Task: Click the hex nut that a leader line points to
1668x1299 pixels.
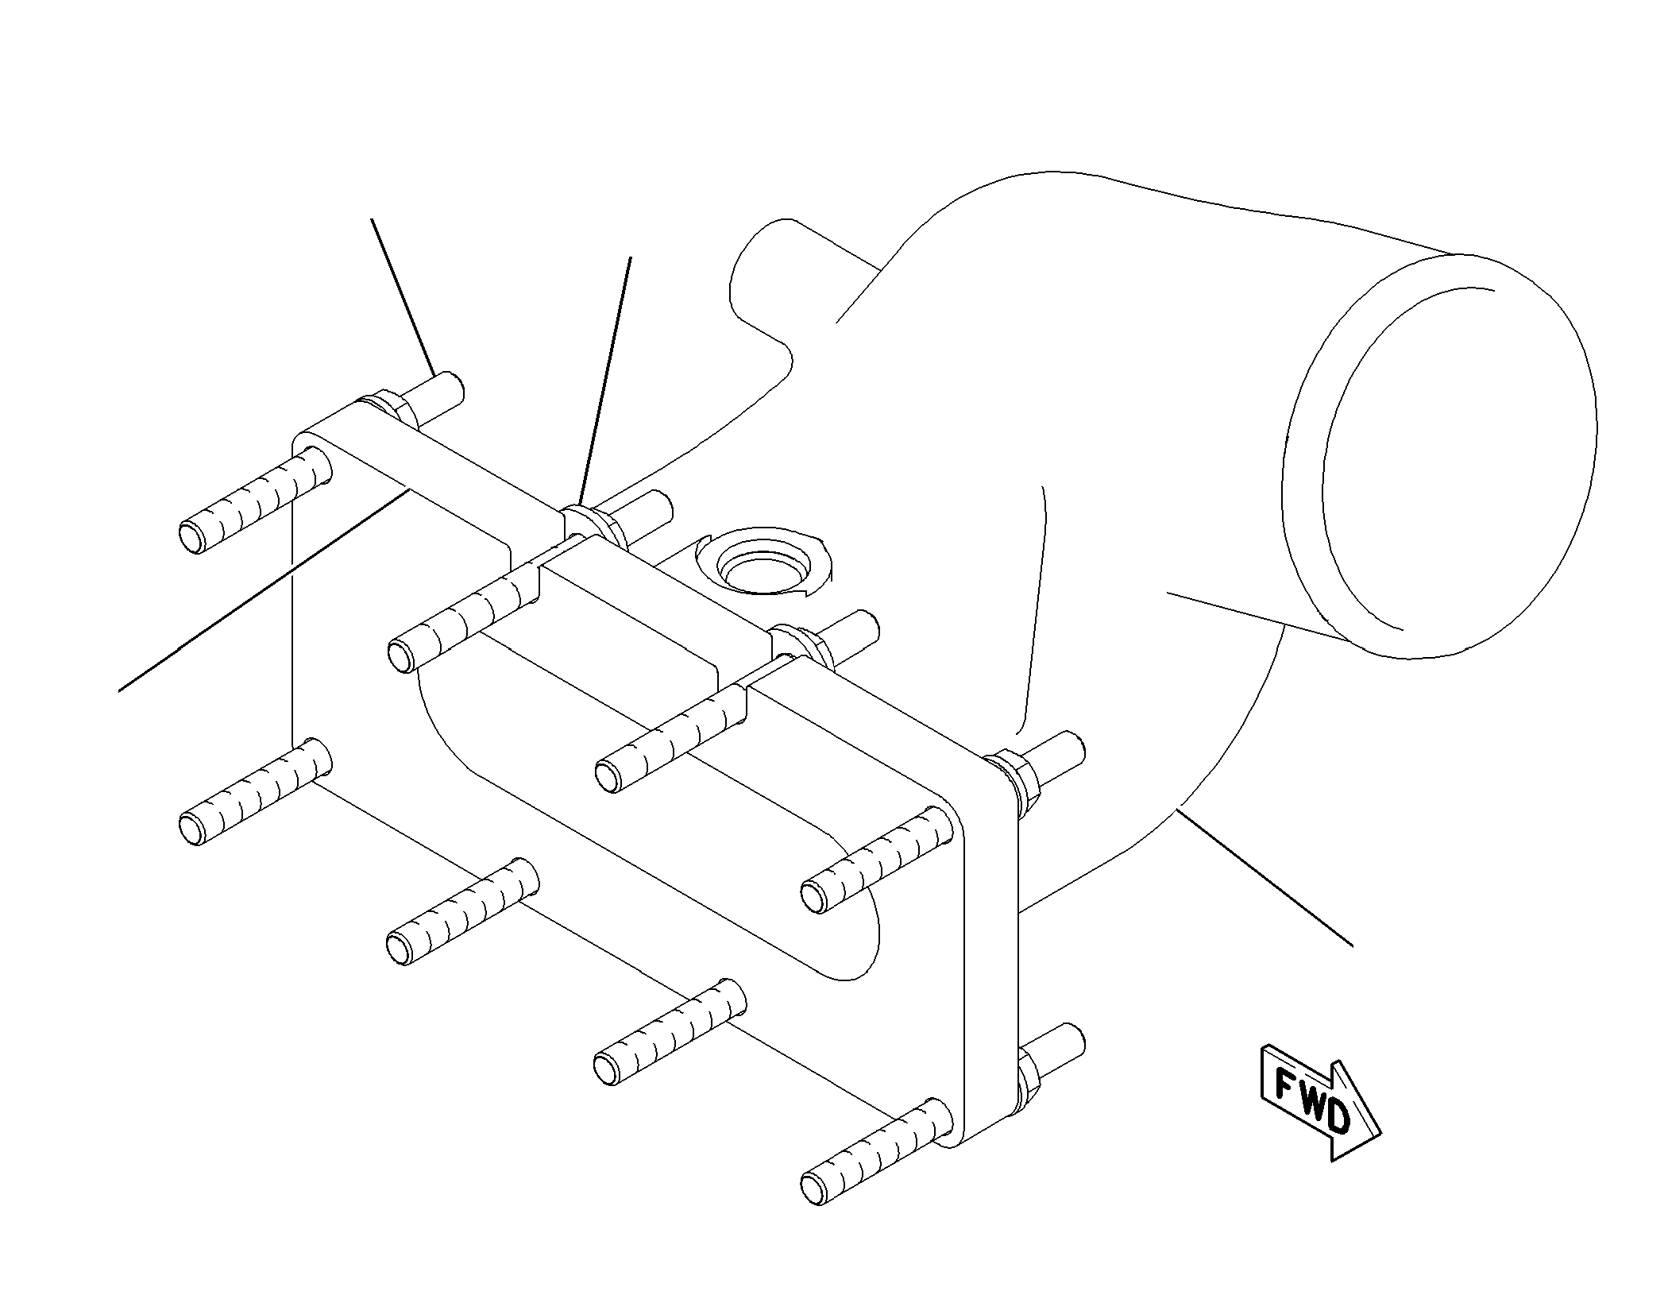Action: (594, 525)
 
